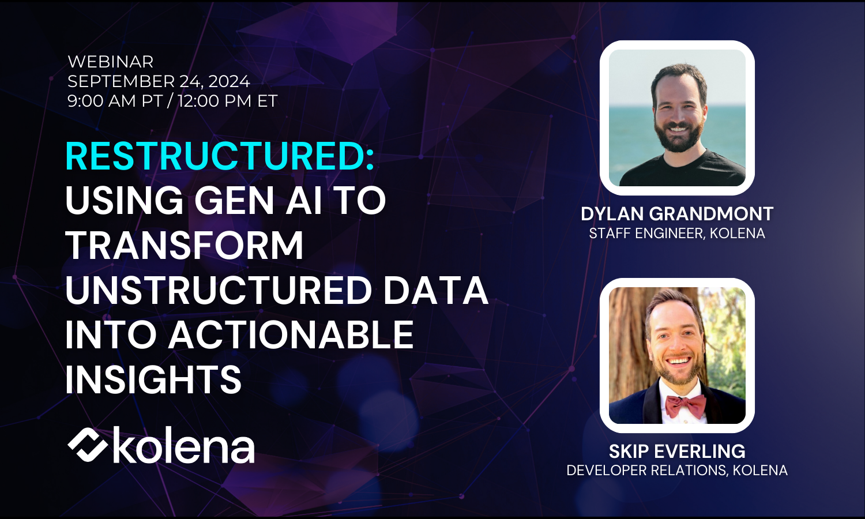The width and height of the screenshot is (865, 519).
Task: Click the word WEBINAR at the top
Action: click(111, 62)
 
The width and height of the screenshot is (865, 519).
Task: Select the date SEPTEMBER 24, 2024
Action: click(159, 81)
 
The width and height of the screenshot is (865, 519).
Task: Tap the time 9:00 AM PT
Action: click(115, 101)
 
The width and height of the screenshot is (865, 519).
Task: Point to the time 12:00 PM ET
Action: click(228, 101)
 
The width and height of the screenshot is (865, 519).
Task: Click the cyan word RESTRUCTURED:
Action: click(220, 156)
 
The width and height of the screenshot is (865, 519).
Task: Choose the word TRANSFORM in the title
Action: click(185, 246)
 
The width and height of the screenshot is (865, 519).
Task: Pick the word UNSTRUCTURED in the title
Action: click(219, 290)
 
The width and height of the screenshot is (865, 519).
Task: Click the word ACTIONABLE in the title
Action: click(291, 335)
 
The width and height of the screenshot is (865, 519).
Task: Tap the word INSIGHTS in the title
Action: click(153, 379)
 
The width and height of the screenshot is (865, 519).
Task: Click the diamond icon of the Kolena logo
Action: click(87, 445)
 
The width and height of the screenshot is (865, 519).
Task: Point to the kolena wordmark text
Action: click(183, 445)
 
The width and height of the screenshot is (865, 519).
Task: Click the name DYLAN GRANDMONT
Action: click(677, 214)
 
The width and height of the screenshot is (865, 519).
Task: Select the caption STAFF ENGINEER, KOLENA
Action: click(677, 234)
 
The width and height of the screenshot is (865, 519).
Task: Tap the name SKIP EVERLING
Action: click(677, 451)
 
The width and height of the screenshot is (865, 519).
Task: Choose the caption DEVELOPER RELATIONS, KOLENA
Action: click(677, 471)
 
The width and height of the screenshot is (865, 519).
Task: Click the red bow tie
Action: click(686, 405)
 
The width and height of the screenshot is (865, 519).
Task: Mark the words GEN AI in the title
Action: click(258, 201)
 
